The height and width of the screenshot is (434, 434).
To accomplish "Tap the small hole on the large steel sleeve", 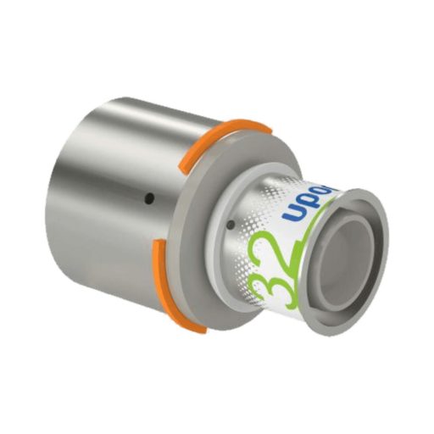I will tap(148, 199).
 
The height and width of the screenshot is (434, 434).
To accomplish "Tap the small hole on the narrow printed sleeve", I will tap(232, 225).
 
